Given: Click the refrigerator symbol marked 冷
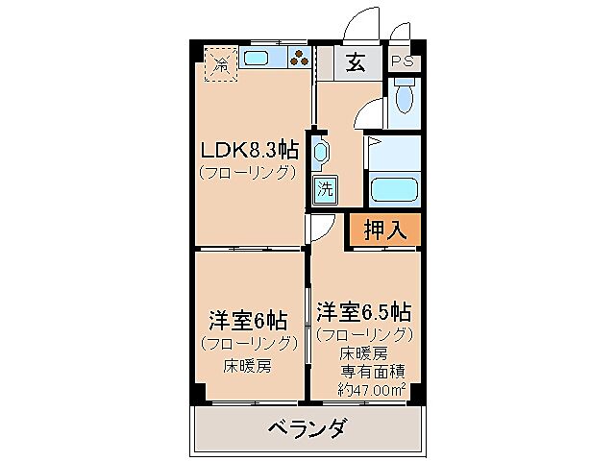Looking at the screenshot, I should tap(221, 65).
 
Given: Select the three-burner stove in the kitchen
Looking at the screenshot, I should tap(300, 60).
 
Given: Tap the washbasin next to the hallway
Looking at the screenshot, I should tap(320, 152).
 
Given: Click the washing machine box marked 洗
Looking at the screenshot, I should tap(325, 188).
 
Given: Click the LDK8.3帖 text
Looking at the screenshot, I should tap(248, 151).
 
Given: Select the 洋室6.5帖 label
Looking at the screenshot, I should tap(364, 311).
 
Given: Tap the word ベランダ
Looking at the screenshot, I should tap(306, 427).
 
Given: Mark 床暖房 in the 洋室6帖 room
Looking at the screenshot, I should tap(247, 365).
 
